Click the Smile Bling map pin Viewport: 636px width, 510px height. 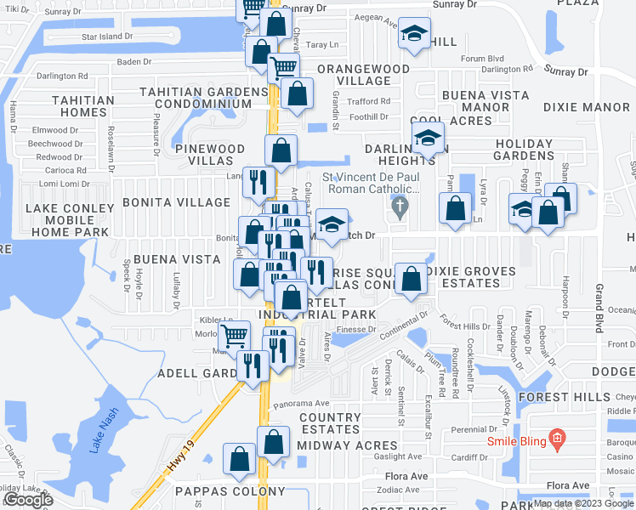(x=558, y=439)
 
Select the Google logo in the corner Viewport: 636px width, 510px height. (x=28, y=500)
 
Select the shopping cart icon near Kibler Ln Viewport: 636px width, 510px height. (x=235, y=334)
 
